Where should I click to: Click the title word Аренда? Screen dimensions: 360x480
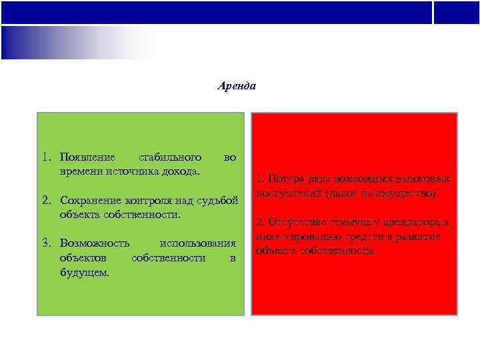(237, 86)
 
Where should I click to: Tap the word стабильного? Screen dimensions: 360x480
(169, 158)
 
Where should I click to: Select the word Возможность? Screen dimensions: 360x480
(95, 243)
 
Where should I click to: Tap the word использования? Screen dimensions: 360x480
(198, 243)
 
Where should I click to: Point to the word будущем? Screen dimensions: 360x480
(85, 273)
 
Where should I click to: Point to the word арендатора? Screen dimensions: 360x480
(414, 222)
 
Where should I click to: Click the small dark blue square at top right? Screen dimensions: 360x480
(457, 12)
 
